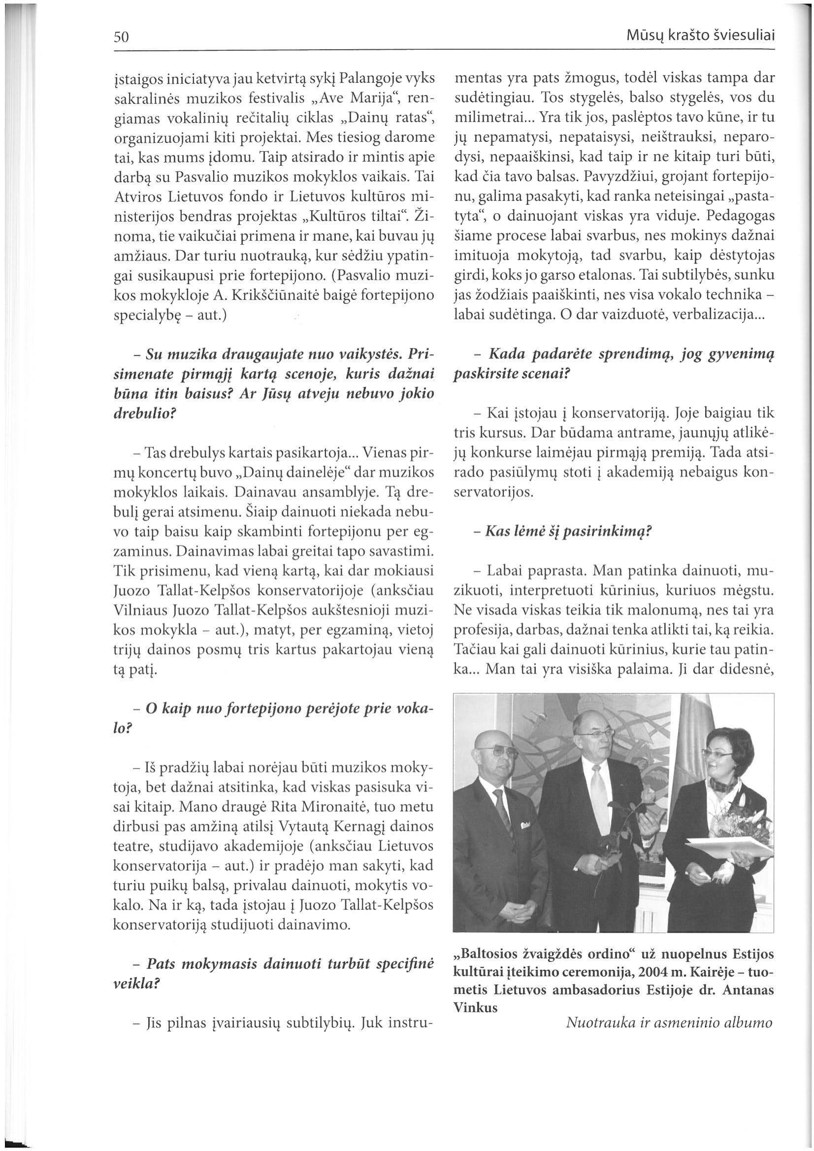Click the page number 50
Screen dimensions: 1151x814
click(122, 37)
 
